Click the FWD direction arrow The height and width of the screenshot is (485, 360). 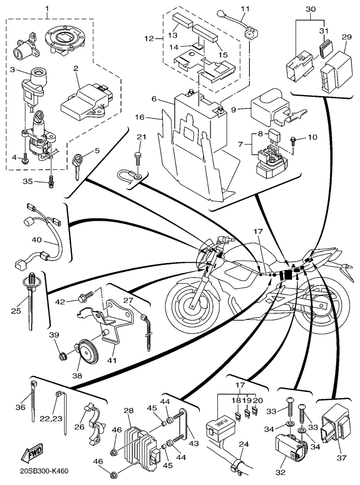click(x=31, y=454)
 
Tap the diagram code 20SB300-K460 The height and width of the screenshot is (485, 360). click(x=44, y=471)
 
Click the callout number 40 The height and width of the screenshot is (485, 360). click(x=37, y=240)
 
